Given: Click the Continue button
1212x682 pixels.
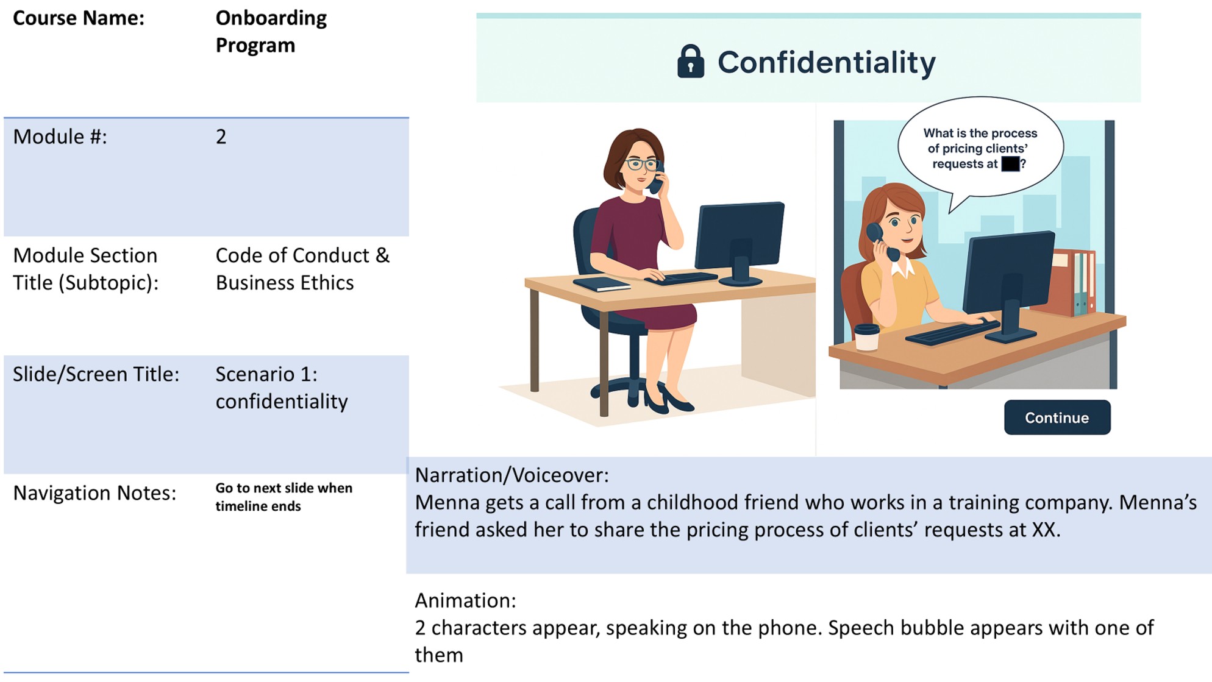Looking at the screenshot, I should pos(1057,417).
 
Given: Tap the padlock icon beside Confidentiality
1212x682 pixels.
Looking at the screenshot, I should pos(690,62).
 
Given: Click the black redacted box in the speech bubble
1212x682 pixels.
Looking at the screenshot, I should pos(1010,164).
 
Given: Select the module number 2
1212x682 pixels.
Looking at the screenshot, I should pos(221,137).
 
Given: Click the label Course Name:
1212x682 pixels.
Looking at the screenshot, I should pos(79,18).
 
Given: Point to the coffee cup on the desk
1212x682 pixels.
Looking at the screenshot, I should pos(866,337).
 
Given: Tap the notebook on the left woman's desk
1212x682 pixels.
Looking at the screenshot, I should pos(601,284).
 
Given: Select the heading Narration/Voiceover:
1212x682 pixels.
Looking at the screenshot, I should pos(512,475).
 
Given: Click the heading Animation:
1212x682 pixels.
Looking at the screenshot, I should pos(465,600).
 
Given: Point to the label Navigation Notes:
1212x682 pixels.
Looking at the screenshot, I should pos(94,492).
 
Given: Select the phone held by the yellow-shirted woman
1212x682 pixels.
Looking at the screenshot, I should pos(880,240).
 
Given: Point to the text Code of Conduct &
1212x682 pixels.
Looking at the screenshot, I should pos(302,255).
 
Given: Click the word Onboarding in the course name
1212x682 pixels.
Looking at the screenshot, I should pos(271,18).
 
